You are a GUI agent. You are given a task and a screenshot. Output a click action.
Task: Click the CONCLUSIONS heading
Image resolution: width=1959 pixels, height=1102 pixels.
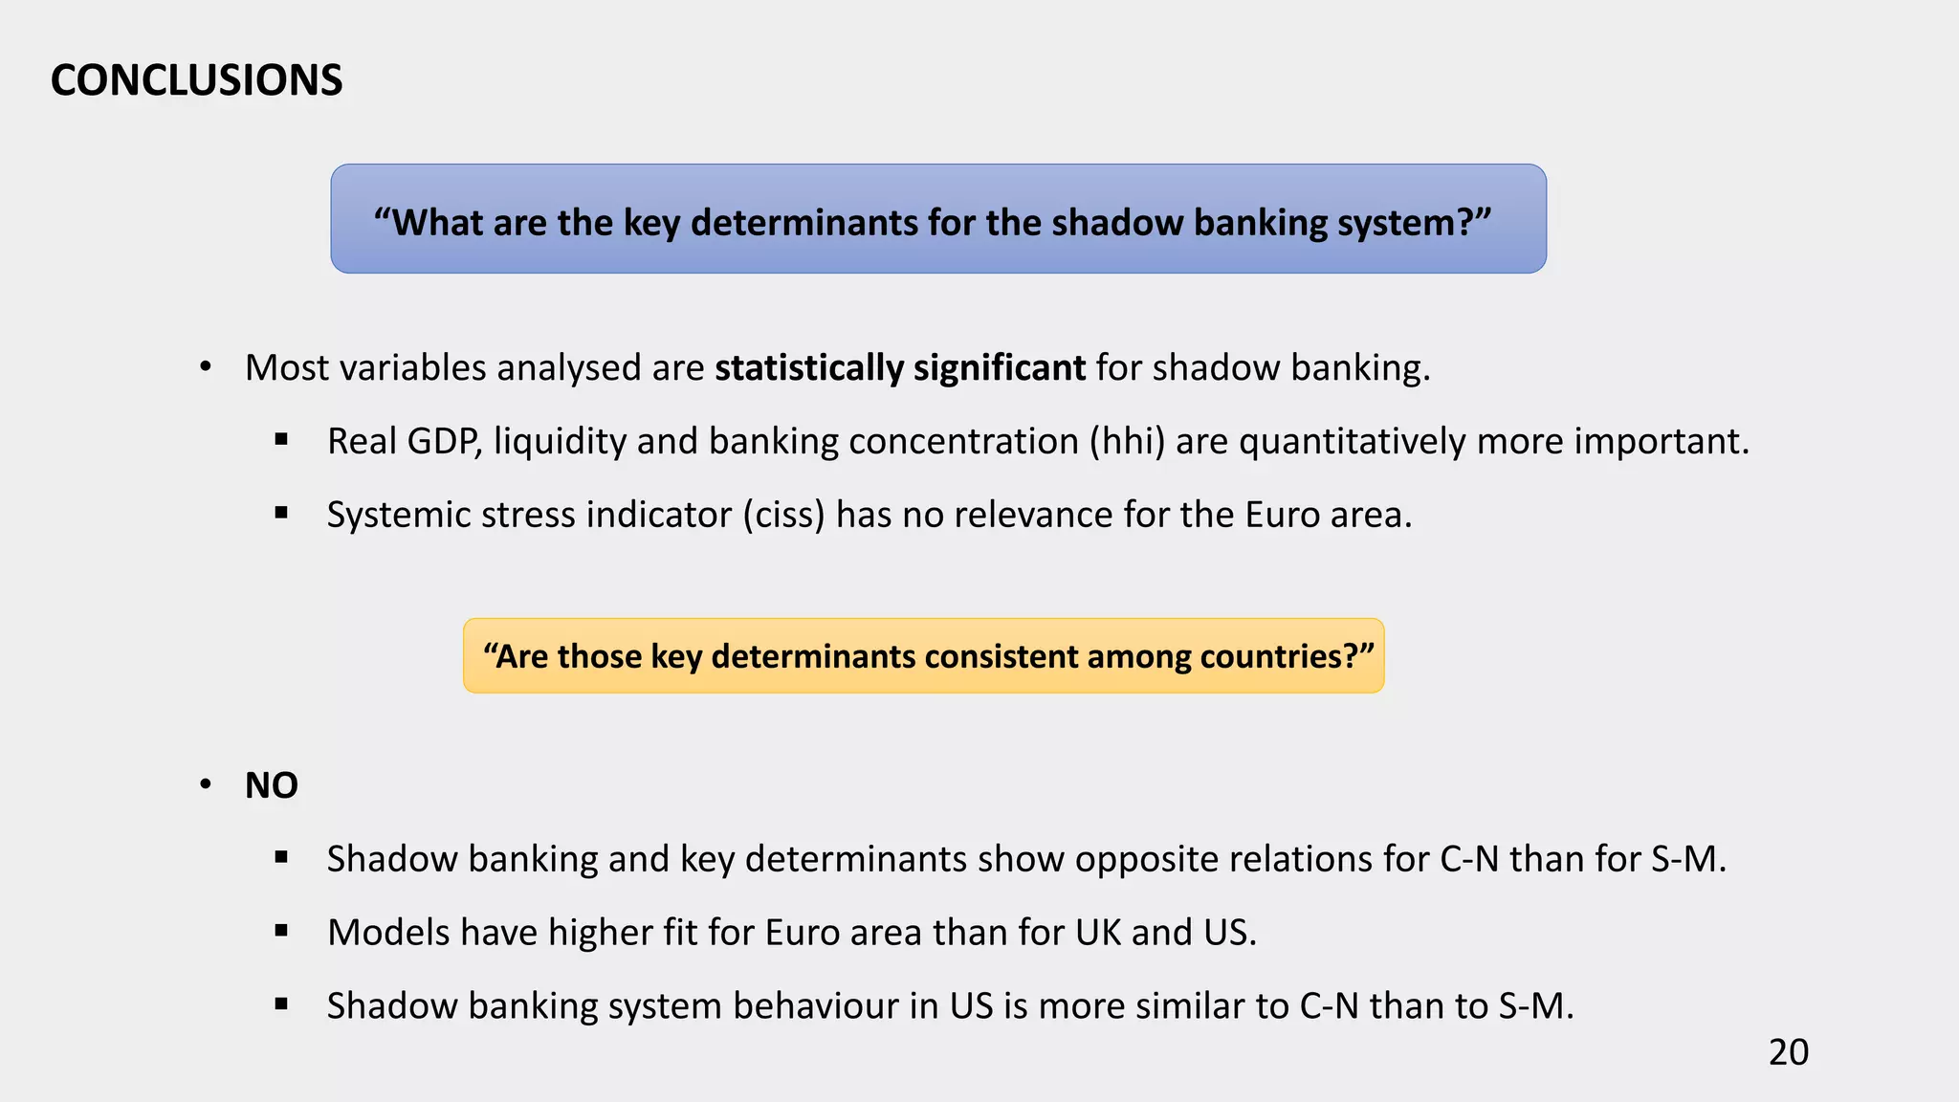tap(196, 80)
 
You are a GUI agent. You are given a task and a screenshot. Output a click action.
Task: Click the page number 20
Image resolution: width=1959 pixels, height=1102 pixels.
tap(1788, 1052)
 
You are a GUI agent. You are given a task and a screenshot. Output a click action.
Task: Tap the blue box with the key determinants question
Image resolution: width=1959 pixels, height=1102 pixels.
tap(937, 219)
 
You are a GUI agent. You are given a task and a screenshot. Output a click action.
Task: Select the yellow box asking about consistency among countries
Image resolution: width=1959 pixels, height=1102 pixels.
tap(923, 656)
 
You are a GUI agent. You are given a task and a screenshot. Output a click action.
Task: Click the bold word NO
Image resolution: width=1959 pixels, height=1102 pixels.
tap(272, 785)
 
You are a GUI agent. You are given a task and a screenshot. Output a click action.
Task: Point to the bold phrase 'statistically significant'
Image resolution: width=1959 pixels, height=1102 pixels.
tap(900, 368)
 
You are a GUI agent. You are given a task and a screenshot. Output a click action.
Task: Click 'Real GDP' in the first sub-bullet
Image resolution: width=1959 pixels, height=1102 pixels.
tap(403, 442)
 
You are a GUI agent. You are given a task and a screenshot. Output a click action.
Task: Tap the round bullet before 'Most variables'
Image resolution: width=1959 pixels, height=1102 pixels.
tap(205, 367)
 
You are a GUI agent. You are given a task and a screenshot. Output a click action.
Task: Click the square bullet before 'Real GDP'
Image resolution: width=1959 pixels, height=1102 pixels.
tap(281, 440)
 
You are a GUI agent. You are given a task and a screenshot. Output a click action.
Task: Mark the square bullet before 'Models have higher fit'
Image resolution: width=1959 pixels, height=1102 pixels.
tap(281, 932)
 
